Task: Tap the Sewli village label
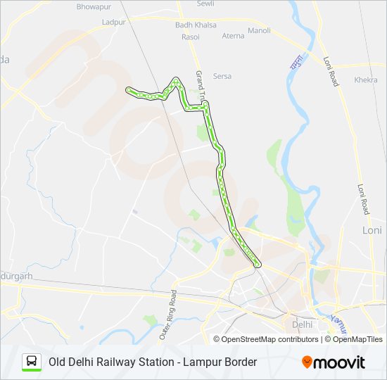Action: tap(205, 4)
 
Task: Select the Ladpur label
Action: tap(113, 23)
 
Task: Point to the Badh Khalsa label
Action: tap(196, 25)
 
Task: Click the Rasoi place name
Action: tap(190, 37)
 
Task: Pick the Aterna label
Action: tap(233, 36)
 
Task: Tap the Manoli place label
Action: tap(259, 31)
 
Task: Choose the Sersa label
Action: tap(222, 76)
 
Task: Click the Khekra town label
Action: tap(366, 80)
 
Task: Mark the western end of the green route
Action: tap(128, 89)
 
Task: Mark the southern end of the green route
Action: tap(258, 265)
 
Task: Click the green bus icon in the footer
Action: tap(32, 362)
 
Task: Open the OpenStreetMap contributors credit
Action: tap(270, 339)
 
